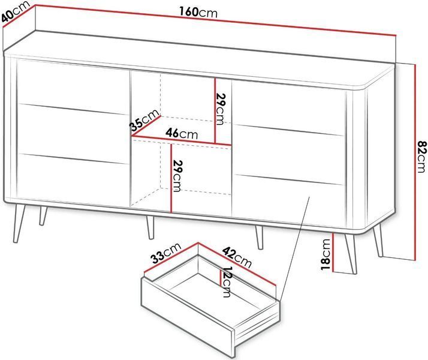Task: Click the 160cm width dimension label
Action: tap(198, 12)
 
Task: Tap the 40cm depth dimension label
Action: tap(15, 13)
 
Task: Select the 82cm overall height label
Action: tap(421, 157)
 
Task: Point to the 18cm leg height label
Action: tap(325, 254)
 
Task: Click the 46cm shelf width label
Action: tap(182, 133)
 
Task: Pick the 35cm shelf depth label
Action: tap(144, 120)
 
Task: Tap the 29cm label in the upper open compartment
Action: tap(221, 109)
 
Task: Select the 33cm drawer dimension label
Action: tap(166, 253)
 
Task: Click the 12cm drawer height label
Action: tap(227, 282)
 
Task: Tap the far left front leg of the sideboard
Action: tap(19, 223)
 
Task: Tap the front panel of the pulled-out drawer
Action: tap(188, 317)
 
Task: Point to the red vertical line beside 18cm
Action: tap(333, 253)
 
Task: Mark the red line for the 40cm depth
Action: tap(19, 16)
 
